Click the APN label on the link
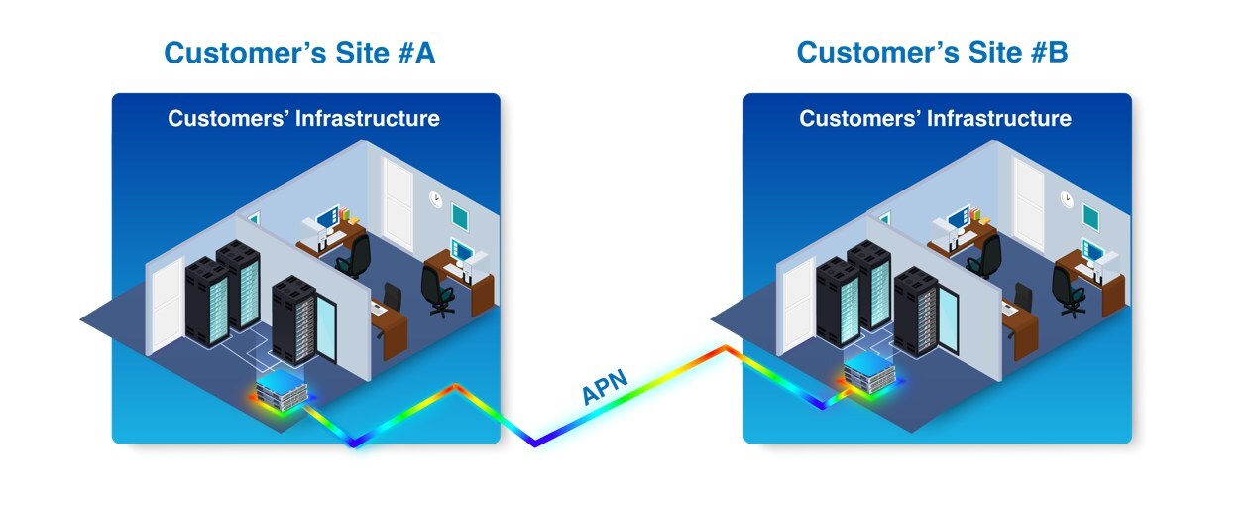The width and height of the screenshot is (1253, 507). [x=604, y=386]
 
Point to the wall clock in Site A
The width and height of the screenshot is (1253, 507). [x=436, y=198]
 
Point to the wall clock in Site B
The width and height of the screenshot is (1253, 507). [x=1067, y=198]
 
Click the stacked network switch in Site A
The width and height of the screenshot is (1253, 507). [x=281, y=383]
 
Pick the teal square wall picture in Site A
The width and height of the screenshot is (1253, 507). [x=460, y=215]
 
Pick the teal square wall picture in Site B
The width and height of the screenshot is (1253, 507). [x=1090, y=215]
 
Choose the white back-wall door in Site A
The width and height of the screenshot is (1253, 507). [x=398, y=202]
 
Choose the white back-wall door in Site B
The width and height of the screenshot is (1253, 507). [x=1029, y=202]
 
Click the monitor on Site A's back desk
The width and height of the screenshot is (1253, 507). [x=328, y=217]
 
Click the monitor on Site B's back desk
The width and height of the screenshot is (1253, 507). [x=959, y=217]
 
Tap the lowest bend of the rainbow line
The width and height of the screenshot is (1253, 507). [x=535, y=444]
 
